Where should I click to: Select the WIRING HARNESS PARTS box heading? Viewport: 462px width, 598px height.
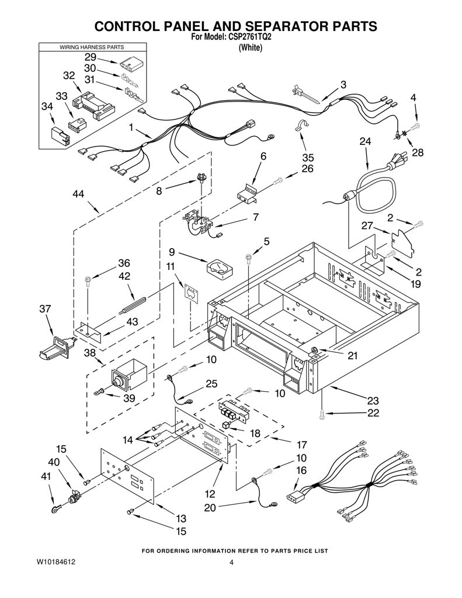pyautogui.click(x=92, y=47)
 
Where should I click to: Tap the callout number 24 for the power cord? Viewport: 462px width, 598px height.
pyautogui.click(x=365, y=141)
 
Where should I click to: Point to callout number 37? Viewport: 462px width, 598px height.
pyautogui.click(x=45, y=308)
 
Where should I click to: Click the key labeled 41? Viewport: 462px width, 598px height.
pyautogui.click(x=57, y=509)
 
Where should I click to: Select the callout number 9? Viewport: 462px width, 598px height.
pyautogui.click(x=172, y=252)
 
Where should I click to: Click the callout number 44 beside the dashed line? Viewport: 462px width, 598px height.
pyautogui.click(x=78, y=194)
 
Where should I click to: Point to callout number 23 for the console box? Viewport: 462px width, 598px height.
pyautogui.click(x=373, y=401)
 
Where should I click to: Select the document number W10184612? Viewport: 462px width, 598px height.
pyautogui.click(x=55, y=562)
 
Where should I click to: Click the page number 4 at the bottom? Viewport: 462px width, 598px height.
pyautogui.click(x=231, y=562)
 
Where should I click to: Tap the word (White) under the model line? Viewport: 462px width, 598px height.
pyautogui.click(x=250, y=48)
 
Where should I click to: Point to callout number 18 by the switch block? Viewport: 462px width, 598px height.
pyautogui.click(x=255, y=433)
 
